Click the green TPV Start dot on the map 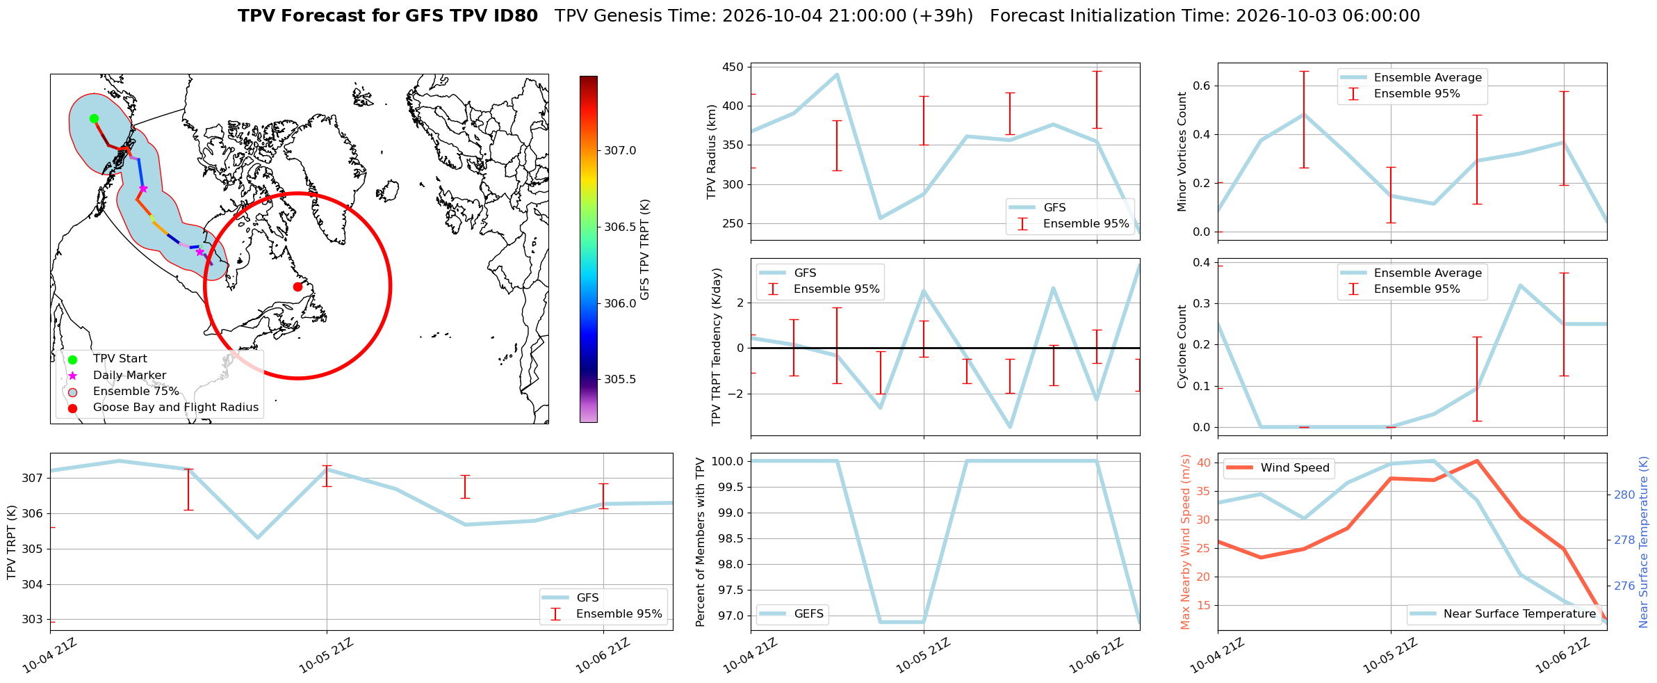(94, 118)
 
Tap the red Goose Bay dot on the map (297, 287)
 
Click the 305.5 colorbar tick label (620, 380)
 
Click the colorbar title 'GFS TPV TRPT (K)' (645, 249)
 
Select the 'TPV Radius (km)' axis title (711, 152)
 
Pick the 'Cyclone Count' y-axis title (1182, 346)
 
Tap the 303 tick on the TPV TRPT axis (33, 620)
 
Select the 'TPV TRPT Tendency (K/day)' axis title (717, 347)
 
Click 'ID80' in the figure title (513, 16)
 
